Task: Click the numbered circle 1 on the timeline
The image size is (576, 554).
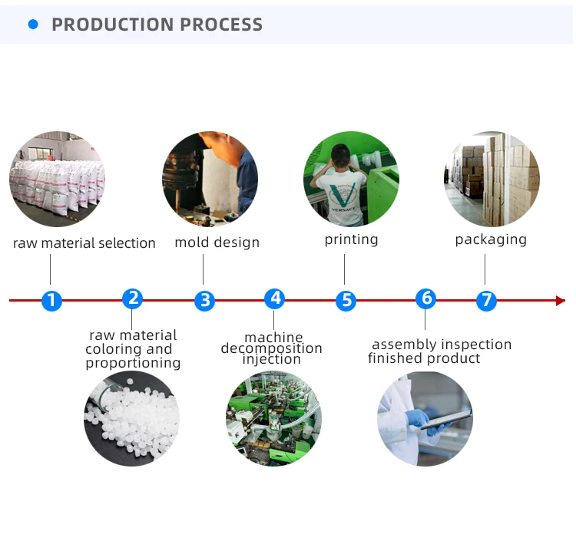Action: point(51,301)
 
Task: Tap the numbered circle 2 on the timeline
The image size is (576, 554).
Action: point(132,298)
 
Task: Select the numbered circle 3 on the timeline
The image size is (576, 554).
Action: point(204,301)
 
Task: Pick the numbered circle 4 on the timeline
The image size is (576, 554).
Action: point(274,298)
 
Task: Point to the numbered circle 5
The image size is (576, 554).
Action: point(346,301)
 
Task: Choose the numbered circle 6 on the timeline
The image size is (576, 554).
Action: point(425,298)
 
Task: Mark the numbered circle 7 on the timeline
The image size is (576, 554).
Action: point(485,301)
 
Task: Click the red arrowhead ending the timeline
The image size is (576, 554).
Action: point(561,301)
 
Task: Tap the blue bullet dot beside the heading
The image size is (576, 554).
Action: point(33,25)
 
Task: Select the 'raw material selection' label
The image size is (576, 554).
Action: point(84,243)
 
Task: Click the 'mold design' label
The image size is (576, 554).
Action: point(217,242)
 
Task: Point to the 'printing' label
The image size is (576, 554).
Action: point(351,239)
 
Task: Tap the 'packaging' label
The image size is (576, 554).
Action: point(491,239)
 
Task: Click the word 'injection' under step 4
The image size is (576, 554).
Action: point(272,359)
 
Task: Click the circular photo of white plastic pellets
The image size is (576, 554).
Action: point(131,418)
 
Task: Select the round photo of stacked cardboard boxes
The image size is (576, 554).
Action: point(492,179)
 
